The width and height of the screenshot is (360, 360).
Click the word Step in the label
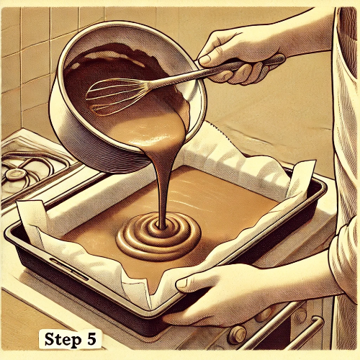[x=63, y=340]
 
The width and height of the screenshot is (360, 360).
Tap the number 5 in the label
[x=91, y=339]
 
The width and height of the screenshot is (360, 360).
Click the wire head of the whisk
[x=117, y=96]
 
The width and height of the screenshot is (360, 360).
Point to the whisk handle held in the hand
[x=216, y=70]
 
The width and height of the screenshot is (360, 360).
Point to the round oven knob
[x=237, y=335]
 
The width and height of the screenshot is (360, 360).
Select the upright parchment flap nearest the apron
[x=302, y=179]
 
